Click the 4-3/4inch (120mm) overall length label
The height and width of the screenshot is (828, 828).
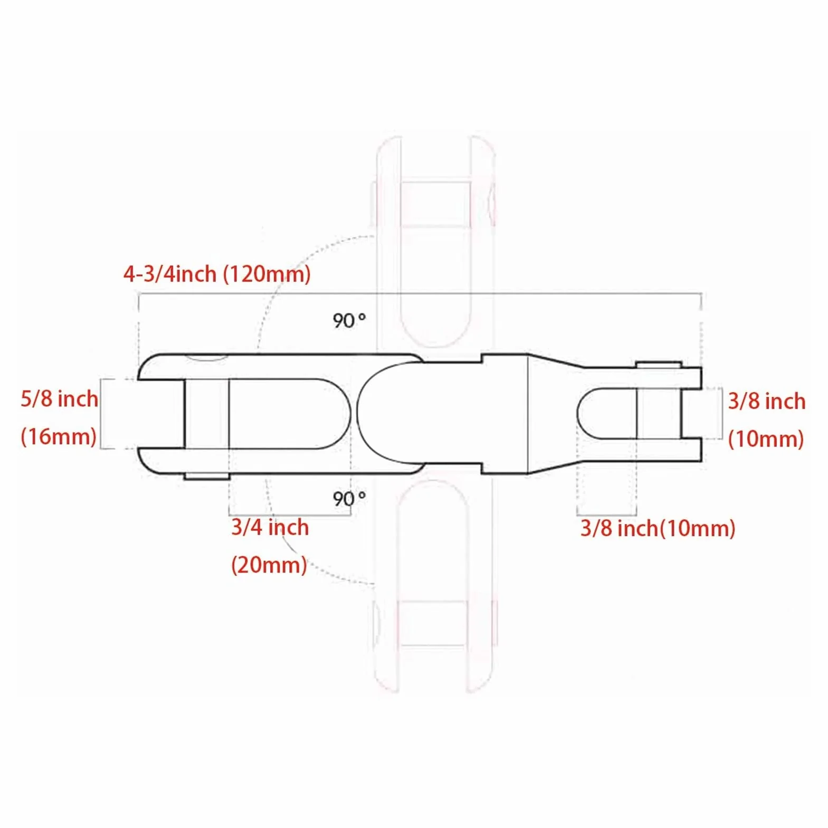(x=217, y=274)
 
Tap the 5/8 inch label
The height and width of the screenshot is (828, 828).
(x=59, y=398)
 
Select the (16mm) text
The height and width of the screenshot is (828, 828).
(x=59, y=437)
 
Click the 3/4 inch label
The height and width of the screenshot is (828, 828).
(x=270, y=527)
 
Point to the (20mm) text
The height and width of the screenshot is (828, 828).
(x=269, y=565)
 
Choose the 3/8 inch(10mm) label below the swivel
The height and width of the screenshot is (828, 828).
(x=658, y=528)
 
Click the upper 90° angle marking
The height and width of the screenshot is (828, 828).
(x=349, y=320)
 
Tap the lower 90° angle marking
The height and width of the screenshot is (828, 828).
(x=349, y=498)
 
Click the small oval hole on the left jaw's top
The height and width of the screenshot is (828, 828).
(x=206, y=358)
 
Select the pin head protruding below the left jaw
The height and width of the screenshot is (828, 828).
(x=206, y=477)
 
